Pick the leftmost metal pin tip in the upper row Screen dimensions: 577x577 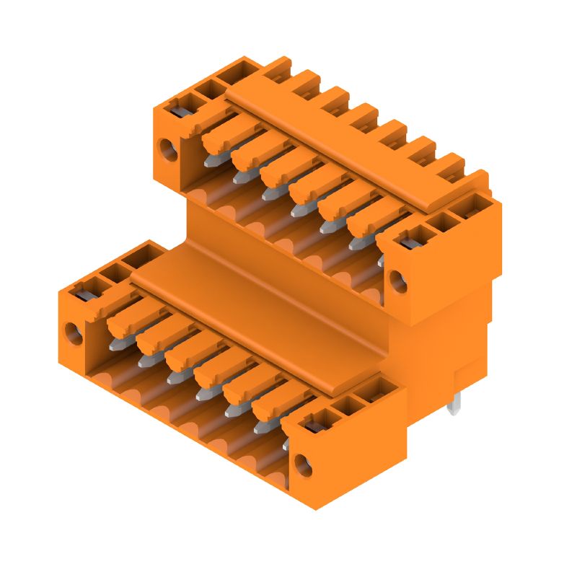point(210,162)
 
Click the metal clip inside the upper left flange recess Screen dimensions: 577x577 point(178,110)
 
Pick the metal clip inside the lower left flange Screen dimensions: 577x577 point(81,292)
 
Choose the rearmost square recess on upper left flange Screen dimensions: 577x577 point(232,73)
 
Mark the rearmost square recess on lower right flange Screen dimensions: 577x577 point(371,393)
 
